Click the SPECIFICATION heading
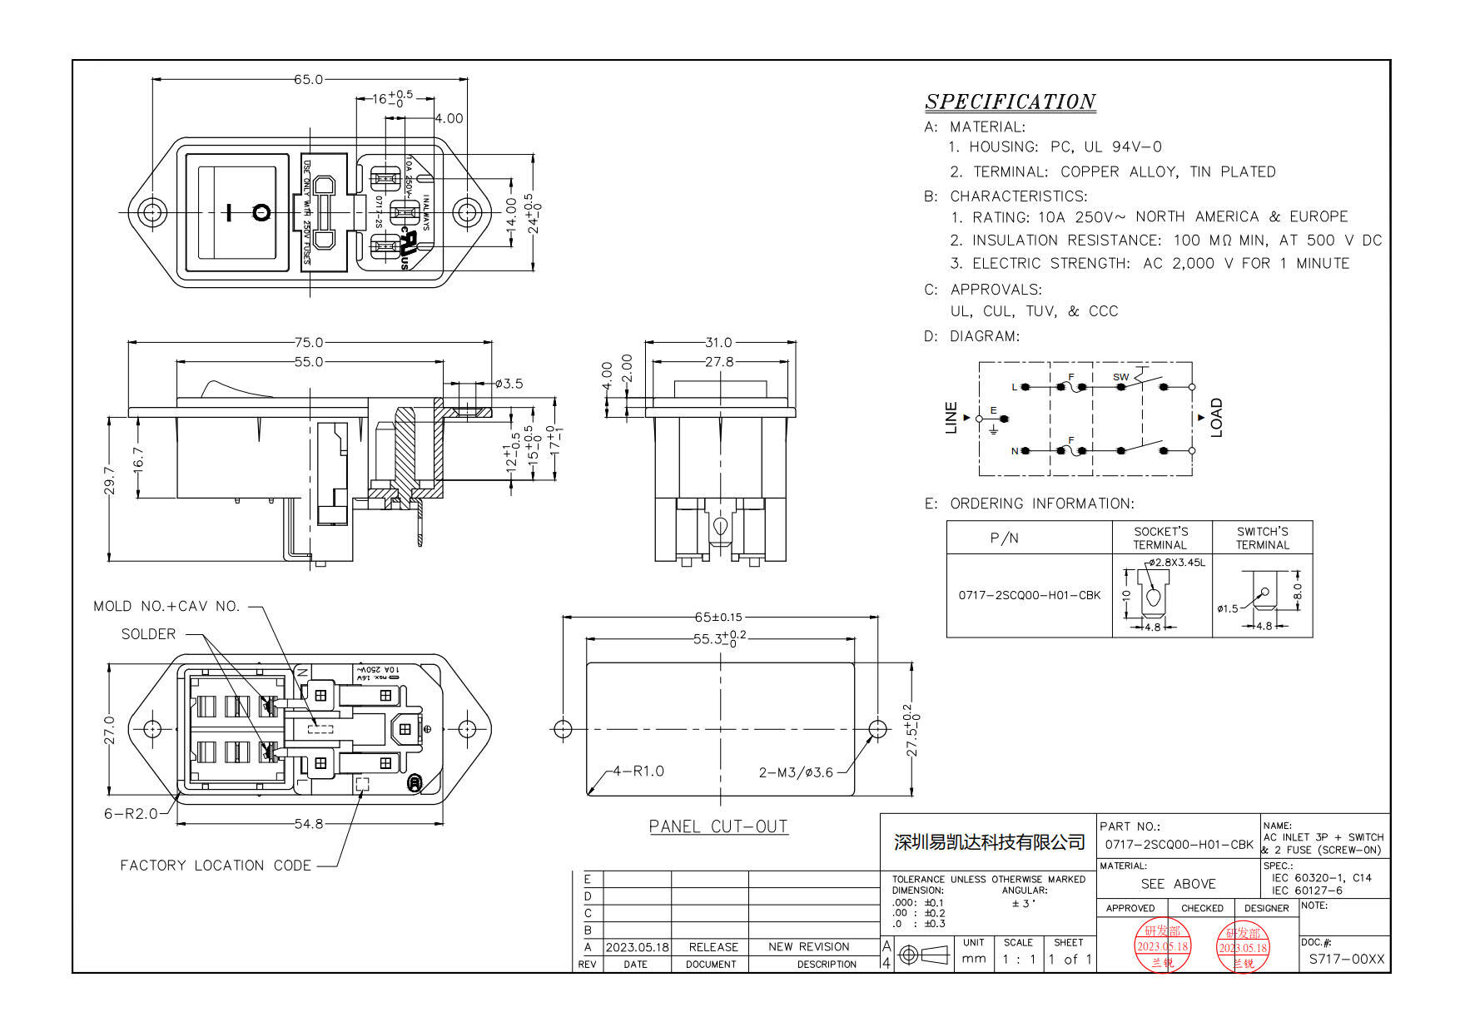tap(1010, 102)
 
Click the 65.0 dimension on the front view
tap(307, 80)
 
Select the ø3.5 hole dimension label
tap(509, 384)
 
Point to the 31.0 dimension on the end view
tap(718, 342)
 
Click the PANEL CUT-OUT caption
tap(718, 826)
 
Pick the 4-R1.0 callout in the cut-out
tap(638, 771)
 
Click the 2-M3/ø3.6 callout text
tap(796, 772)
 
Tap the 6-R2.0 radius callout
tap(131, 813)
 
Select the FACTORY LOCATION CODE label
tap(216, 866)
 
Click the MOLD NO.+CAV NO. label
tap(166, 606)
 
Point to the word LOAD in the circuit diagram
tap(1216, 417)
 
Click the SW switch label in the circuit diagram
tap(1120, 377)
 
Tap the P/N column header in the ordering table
tap(1004, 538)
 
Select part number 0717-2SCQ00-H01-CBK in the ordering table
tap(1029, 595)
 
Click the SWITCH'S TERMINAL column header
tap(1262, 538)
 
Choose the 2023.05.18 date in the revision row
tap(637, 947)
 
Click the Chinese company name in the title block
tap(989, 842)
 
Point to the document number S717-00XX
tap(1346, 959)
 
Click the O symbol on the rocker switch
tap(261, 212)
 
